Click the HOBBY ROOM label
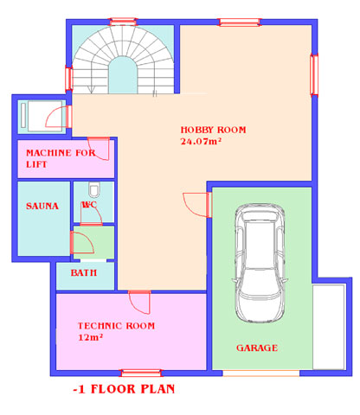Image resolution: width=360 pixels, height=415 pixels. coord(213,130)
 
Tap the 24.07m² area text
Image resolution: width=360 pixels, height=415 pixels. coord(201,141)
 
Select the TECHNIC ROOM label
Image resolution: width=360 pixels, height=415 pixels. coord(116,326)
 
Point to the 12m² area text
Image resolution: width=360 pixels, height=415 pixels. coord(91,337)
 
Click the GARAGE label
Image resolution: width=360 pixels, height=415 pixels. coord(257,348)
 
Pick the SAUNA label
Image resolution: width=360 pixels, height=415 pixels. coord(42,206)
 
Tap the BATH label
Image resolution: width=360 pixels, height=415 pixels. coord(84,272)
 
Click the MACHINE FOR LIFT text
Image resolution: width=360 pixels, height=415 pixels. coord(61,158)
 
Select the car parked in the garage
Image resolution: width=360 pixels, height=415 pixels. coord(260,263)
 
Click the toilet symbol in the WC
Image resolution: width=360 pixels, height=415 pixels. coord(93,189)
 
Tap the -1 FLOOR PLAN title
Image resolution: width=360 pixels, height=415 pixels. coord(124,389)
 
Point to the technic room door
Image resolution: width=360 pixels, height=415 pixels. coord(139,302)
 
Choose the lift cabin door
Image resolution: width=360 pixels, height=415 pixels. coord(59,117)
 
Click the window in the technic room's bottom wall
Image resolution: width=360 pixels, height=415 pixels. coord(141,373)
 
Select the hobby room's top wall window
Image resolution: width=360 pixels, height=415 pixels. coord(240,22)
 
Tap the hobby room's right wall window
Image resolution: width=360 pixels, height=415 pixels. coord(314,74)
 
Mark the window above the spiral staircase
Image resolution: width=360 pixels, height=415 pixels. coord(123,22)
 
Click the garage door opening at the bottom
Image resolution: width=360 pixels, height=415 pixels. coord(261,373)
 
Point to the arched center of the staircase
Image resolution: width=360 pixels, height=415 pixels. coord(123,75)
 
